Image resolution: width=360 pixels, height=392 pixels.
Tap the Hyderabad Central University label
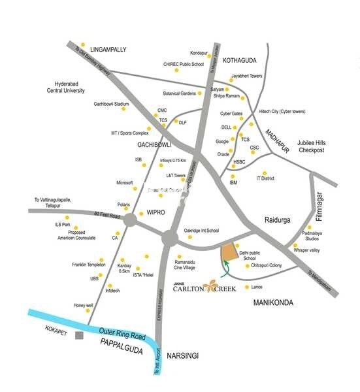(x=76, y=88)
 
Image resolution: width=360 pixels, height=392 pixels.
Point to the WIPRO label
(x=159, y=213)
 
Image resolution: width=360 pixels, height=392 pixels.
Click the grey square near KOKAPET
(x=79, y=336)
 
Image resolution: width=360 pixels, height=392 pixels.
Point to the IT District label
(x=265, y=178)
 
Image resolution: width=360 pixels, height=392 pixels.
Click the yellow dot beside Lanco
(x=246, y=287)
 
